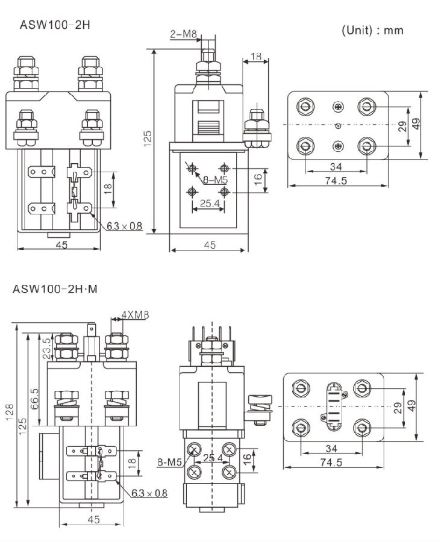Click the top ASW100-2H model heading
pos(55,25)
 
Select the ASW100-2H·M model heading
pos(55,289)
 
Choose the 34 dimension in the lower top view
pos(331,449)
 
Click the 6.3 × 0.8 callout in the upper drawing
pos(125,226)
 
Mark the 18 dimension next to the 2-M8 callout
pos(255,57)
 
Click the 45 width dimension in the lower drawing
pos(93,519)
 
